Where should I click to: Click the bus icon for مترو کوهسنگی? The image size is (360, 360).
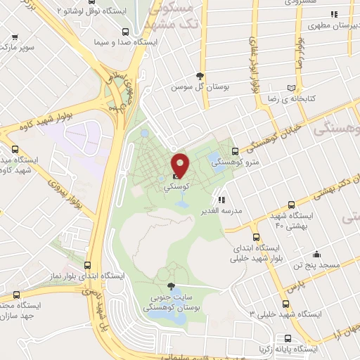(235, 151)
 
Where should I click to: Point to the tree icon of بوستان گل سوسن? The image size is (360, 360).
(201, 76)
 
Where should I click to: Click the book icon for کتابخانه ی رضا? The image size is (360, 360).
(291, 88)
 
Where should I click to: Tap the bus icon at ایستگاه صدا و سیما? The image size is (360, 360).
(124, 31)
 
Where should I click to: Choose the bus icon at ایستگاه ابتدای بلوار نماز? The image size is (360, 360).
(87, 265)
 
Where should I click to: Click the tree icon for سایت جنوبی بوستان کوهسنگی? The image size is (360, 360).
(172, 285)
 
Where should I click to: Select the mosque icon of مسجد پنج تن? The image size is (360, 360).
(316, 255)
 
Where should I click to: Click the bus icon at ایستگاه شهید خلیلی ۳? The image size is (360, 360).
(285, 304)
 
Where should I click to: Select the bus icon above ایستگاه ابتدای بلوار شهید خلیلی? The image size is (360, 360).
(256, 237)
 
